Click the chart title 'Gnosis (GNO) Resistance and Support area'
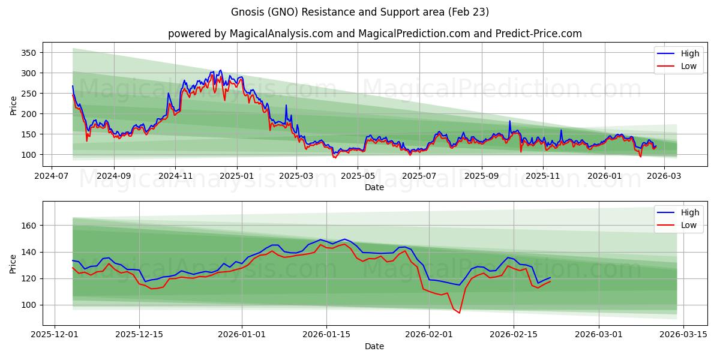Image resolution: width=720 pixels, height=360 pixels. (359, 12)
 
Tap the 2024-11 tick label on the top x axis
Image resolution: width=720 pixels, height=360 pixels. (175, 176)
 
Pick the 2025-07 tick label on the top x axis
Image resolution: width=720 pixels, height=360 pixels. (419, 176)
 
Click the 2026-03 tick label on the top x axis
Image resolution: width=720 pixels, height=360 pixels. (663, 176)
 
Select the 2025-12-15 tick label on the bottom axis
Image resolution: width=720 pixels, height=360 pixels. (139, 335)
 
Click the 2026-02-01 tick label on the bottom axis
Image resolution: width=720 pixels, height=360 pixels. (430, 335)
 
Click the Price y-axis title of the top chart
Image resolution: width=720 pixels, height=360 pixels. (13, 104)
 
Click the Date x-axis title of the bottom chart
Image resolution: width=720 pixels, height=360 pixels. (374, 346)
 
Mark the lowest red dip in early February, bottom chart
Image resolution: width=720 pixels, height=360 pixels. (460, 313)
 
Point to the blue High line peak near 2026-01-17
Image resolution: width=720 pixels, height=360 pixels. (344, 239)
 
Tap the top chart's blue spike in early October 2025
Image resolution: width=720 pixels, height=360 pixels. (510, 121)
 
